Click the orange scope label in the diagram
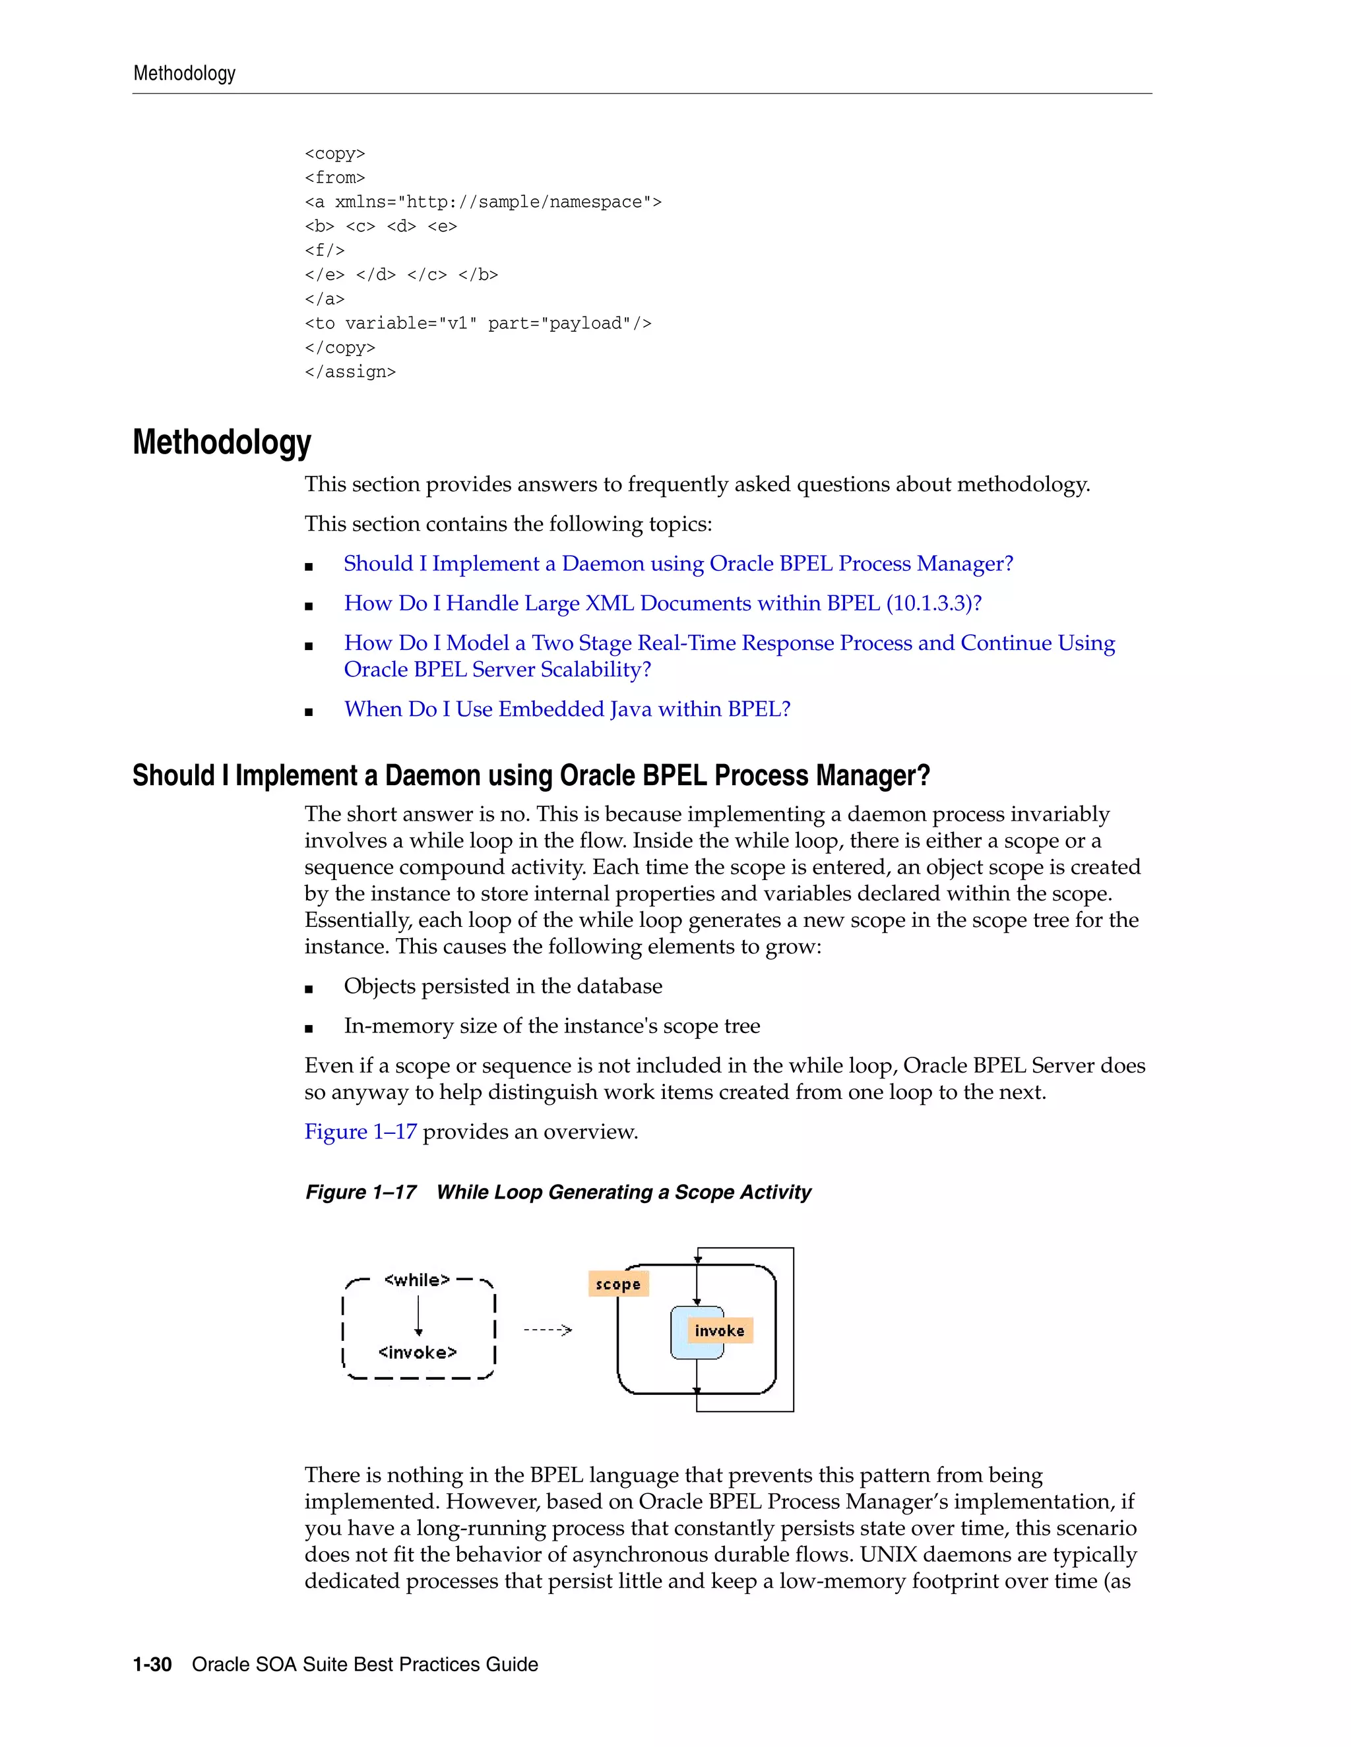(618, 1284)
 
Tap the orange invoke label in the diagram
(720, 1330)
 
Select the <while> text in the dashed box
(417, 1280)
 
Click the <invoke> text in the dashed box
(417, 1352)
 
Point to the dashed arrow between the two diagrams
(548, 1330)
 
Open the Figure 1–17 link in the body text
(360, 1132)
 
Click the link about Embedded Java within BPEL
(567, 709)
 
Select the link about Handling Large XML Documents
(662, 603)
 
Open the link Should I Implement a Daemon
(678, 563)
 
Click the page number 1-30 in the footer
(152, 1665)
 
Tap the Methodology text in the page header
(184, 74)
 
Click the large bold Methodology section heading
(222, 442)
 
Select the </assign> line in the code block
(350, 372)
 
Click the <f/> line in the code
(324, 251)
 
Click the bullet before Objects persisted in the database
(309, 989)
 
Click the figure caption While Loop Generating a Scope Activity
(623, 1193)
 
